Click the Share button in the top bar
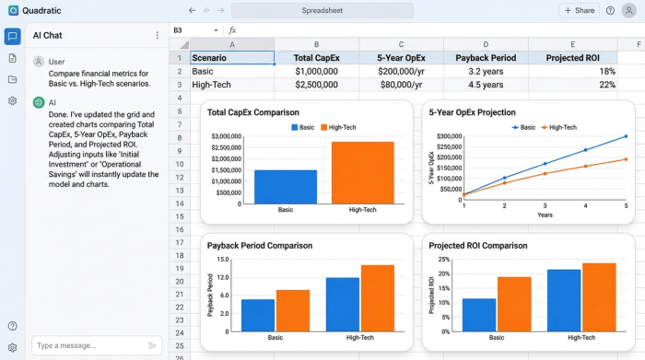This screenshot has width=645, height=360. (579, 10)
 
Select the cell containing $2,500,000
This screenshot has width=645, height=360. (316, 84)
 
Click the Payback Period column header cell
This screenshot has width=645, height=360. (486, 57)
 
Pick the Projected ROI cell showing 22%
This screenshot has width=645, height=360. (573, 84)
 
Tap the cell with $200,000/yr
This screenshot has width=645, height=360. (401, 71)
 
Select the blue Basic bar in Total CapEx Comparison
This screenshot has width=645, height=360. (286, 186)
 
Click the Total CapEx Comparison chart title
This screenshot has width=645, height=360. (253, 112)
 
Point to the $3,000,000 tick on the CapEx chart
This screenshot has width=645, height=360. (226, 136)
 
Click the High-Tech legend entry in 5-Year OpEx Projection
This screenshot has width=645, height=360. (558, 127)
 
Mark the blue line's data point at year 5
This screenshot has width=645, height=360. (626, 136)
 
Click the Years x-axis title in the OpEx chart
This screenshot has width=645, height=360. (545, 215)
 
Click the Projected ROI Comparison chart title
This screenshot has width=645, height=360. (478, 246)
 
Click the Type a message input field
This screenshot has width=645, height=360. (88, 345)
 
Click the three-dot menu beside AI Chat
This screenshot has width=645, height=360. (157, 35)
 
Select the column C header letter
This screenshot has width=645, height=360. (401, 43)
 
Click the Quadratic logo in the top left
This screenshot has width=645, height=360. (13, 10)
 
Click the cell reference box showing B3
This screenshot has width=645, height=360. (193, 30)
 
